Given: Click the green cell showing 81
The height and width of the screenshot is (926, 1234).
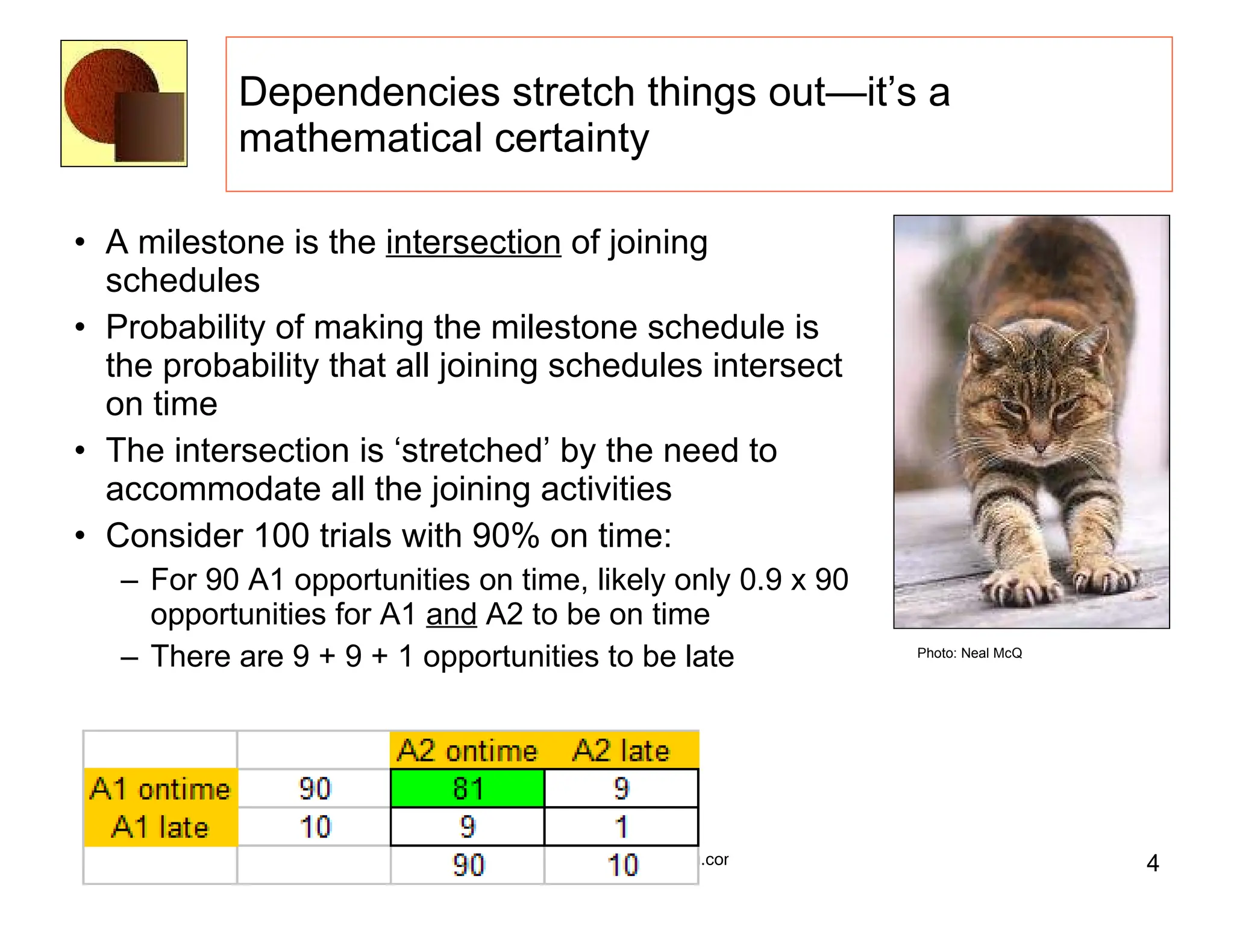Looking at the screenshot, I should (x=467, y=789).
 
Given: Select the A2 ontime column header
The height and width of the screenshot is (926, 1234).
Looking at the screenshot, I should (x=467, y=751).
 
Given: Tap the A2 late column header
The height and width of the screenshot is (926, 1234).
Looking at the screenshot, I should (x=621, y=751).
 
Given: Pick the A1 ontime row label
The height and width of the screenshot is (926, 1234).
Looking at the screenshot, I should (x=160, y=789).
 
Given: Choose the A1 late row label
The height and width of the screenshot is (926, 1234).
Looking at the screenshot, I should (x=160, y=827).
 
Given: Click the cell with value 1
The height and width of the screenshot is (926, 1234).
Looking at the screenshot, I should (x=621, y=827).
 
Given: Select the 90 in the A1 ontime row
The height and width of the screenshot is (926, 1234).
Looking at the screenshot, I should (x=315, y=789).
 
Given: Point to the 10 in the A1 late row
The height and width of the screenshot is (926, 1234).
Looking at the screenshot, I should (x=315, y=827).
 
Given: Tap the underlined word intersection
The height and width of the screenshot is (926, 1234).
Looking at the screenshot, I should (x=474, y=243).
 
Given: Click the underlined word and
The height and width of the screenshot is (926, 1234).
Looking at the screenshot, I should (x=451, y=615).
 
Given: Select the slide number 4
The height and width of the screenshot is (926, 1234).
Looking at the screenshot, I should (x=1152, y=863).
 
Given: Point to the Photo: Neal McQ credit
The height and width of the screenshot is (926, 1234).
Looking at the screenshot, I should (x=969, y=654).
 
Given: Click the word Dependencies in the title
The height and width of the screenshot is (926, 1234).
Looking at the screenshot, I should (x=369, y=93).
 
